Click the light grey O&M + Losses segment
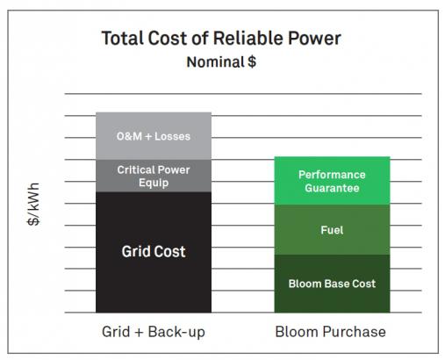point(154,136)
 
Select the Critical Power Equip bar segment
point(154,176)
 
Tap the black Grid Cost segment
point(154,252)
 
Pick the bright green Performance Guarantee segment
point(332,181)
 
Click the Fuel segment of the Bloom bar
point(332,230)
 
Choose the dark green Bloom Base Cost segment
point(332,284)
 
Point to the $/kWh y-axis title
point(33,204)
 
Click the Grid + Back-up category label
point(154,332)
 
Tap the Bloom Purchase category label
point(331,332)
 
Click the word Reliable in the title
point(248,39)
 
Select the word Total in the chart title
point(123,39)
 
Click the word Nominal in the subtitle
point(215,62)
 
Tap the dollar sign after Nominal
point(252,61)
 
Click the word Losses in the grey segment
point(172,136)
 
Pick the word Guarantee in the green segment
point(332,188)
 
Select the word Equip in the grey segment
point(154,183)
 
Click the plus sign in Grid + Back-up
point(139,333)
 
